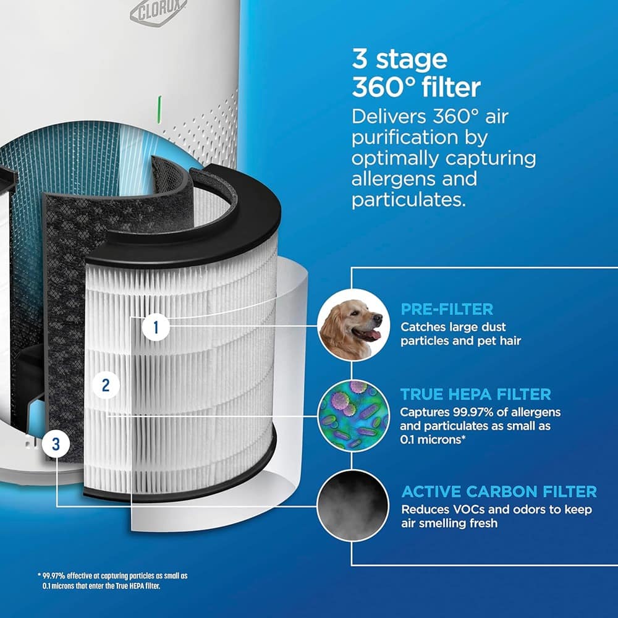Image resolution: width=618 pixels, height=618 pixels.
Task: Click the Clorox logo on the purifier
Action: pos(150,12)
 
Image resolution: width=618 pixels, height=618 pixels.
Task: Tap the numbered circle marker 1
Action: pos(156,326)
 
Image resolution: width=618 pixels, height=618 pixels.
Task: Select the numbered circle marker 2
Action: pos(106,385)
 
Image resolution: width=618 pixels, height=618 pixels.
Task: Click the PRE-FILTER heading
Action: pos(446,309)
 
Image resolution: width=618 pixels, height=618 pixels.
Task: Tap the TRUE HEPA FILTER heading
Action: pos(475,394)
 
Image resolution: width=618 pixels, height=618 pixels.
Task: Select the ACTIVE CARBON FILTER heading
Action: pos(499,492)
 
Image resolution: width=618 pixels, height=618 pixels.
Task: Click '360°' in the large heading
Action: pos(383,88)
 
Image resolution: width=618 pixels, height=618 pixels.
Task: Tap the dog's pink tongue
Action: pos(373,336)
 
